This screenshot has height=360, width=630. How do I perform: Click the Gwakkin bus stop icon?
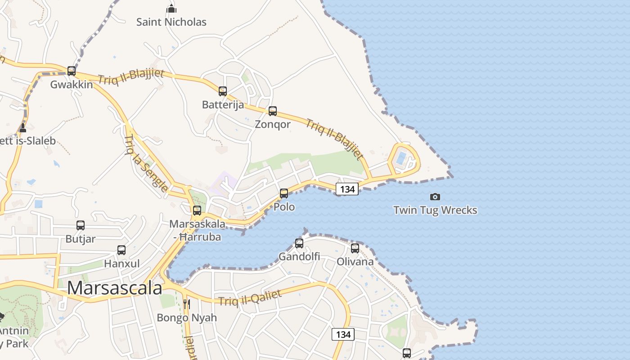point(72,71)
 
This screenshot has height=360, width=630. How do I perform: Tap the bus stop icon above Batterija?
point(223,91)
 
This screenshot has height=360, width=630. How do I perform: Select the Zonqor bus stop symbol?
point(273,111)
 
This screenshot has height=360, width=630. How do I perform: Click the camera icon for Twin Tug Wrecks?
point(435,197)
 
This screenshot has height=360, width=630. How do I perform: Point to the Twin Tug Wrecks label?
point(435,210)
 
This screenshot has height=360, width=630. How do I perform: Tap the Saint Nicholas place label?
point(171,22)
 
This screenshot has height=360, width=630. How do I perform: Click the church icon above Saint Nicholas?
point(171,9)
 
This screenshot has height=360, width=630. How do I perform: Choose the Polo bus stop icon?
point(284,193)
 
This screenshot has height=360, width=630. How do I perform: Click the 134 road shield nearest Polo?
point(347,189)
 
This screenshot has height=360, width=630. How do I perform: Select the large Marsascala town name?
point(115,288)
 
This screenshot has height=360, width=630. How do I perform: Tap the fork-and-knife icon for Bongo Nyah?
point(187,304)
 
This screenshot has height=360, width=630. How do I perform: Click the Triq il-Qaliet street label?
point(250,298)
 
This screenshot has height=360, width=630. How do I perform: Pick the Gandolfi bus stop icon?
point(299,243)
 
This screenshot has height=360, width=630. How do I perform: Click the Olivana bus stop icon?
point(355,248)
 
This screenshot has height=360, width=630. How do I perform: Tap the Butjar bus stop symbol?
point(81,225)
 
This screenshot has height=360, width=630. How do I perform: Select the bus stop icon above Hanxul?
point(121,250)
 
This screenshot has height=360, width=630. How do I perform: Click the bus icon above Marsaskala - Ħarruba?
point(197,211)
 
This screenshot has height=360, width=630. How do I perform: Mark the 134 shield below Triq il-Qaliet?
point(343,334)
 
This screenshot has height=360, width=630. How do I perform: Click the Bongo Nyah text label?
point(187,318)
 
